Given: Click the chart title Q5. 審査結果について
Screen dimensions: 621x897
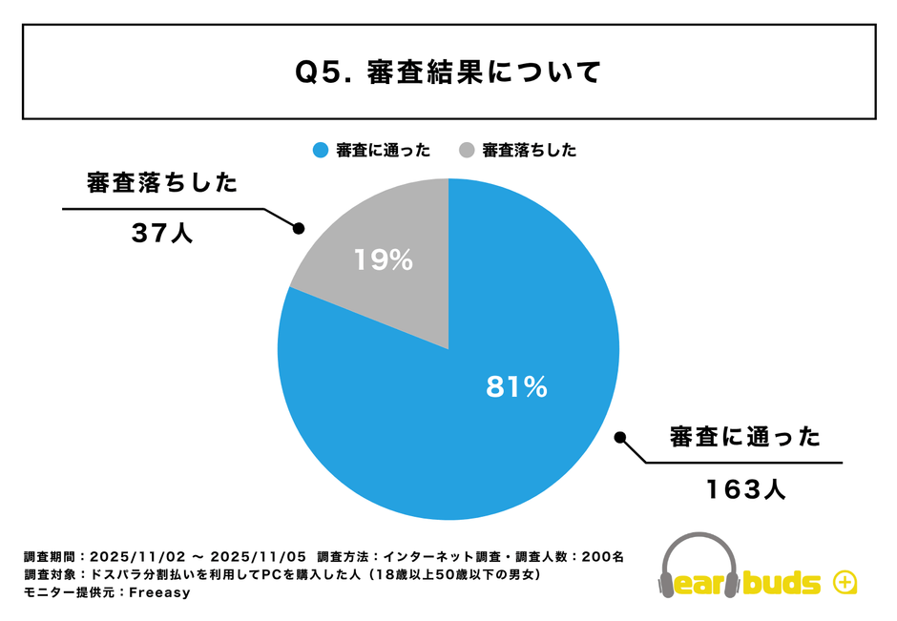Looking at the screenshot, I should (x=448, y=72).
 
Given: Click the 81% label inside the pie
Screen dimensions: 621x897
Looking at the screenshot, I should (x=516, y=386).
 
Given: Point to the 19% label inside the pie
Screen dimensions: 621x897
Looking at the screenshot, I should (x=383, y=259).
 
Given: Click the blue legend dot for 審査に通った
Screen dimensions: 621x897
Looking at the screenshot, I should (x=320, y=150).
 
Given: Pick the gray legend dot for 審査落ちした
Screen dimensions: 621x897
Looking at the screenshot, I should (x=467, y=150).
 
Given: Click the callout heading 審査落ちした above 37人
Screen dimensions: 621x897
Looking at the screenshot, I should (x=161, y=183).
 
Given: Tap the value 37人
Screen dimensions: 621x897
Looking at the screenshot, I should (x=162, y=233).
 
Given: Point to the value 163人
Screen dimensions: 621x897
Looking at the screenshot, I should (x=746, y=489).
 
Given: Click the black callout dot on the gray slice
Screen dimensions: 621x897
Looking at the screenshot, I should (x=298, y=229).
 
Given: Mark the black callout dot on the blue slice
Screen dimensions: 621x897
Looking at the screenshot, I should (x=619, y=438).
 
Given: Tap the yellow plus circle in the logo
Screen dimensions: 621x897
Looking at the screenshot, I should (x=845, y=582).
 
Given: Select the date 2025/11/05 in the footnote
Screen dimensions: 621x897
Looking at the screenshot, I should (x=258, y=556).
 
